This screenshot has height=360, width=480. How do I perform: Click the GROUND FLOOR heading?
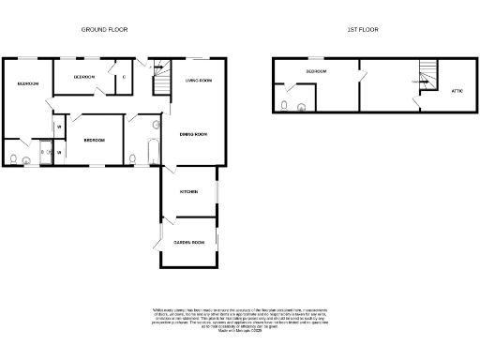[105, 30]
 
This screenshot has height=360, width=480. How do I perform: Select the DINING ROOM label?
[193, 134]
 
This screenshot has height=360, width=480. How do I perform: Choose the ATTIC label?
[457, 90]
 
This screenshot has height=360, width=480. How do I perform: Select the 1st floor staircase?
[427, 76]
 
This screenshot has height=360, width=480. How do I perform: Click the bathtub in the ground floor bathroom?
[132, 156]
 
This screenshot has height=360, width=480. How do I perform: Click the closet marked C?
[123, 77]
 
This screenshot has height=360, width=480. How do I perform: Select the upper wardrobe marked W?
[59, 127]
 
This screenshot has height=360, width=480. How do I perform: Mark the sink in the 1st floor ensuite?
[300, 106]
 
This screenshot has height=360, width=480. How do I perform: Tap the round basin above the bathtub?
[156, 124]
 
